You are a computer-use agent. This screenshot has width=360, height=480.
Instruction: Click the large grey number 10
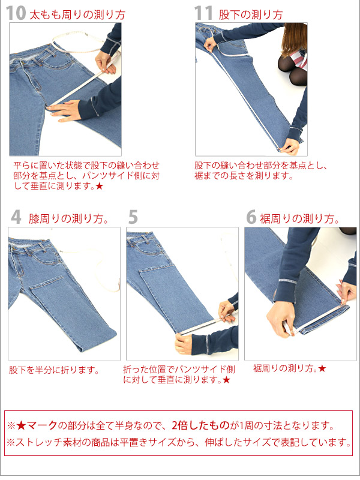16,13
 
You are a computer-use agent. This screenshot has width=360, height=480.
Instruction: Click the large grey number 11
203,13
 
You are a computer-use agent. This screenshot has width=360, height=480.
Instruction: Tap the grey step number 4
16,217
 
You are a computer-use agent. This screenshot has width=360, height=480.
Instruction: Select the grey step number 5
133,217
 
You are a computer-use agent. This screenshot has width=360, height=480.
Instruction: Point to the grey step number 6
251,217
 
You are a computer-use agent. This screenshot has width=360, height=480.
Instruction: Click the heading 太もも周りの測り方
77,14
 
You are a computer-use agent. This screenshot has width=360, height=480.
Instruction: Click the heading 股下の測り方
251,14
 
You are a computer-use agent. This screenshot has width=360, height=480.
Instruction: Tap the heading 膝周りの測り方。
69,219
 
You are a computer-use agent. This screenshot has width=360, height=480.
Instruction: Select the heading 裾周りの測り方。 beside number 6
300,219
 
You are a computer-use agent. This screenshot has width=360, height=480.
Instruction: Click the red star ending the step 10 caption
99,186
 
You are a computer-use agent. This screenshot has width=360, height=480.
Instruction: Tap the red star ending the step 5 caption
226,380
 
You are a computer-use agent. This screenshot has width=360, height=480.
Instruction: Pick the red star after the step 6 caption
322,368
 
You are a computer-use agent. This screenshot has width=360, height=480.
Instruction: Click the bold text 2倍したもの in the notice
200,425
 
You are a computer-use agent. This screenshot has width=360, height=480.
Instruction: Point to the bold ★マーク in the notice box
37,425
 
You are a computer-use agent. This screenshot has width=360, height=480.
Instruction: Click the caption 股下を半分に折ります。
54,370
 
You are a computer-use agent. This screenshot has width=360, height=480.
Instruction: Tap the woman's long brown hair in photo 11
294,38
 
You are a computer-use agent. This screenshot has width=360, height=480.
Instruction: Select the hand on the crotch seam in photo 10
64,110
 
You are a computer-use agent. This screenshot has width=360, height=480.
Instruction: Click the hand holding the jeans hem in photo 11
290,147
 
